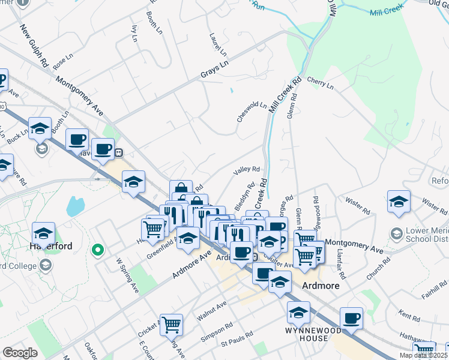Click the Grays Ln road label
pyautogui.click(x=215, y=70)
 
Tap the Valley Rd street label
pyautogui.click(x=246, y=171)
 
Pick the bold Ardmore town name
pyautogui.click(x=322, y=286)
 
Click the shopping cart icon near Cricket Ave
pyautogui.click(x=172, y=325)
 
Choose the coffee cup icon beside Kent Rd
pyautogui.click(x=351, y=319)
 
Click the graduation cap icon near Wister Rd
pyautogui.click(x=399, y=202)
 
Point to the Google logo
pyautogui.click(x=20, y=353)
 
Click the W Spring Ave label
pyautogui.click(x=127, y=275)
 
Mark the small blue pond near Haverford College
pyautogui.click(x=75, y=206)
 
